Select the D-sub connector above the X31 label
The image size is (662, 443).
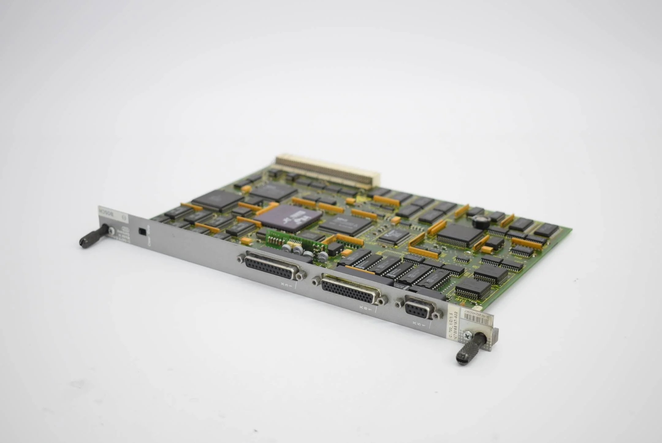[x=272, y=265]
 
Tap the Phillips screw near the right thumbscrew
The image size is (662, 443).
[x=467, y=336]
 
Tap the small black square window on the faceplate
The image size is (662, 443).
[x=142, y=231]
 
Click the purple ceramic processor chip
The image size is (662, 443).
[x=287, y=217]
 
